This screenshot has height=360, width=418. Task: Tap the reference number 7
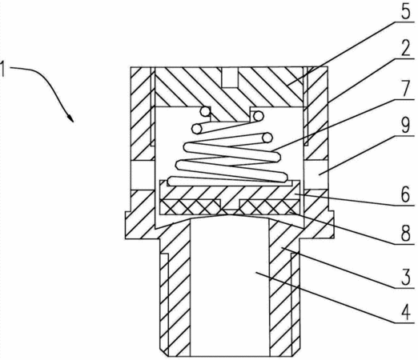[406, 89]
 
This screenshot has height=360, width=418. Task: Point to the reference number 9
[406, 126]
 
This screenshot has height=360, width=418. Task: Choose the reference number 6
[406, 195]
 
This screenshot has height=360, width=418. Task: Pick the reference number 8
[406, 234]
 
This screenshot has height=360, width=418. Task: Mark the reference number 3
[406, 278]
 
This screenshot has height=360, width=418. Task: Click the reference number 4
[406, 313]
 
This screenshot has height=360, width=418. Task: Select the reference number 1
[2, 69]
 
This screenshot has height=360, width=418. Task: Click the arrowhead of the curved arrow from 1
[70, 118]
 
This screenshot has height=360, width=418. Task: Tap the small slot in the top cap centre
[229, 77]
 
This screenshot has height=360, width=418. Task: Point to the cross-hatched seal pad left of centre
[190, 207]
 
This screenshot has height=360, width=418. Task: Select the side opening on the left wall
[143, 175]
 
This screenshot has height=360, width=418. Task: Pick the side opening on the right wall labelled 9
[316, 175]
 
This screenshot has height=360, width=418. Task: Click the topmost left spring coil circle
[205, 111]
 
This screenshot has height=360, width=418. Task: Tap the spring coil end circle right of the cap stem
[259, 116]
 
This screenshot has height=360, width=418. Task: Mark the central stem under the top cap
[230, 114]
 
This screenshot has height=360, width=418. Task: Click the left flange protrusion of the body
[128, 225]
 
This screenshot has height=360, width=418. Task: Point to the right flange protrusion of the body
[331, 224]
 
